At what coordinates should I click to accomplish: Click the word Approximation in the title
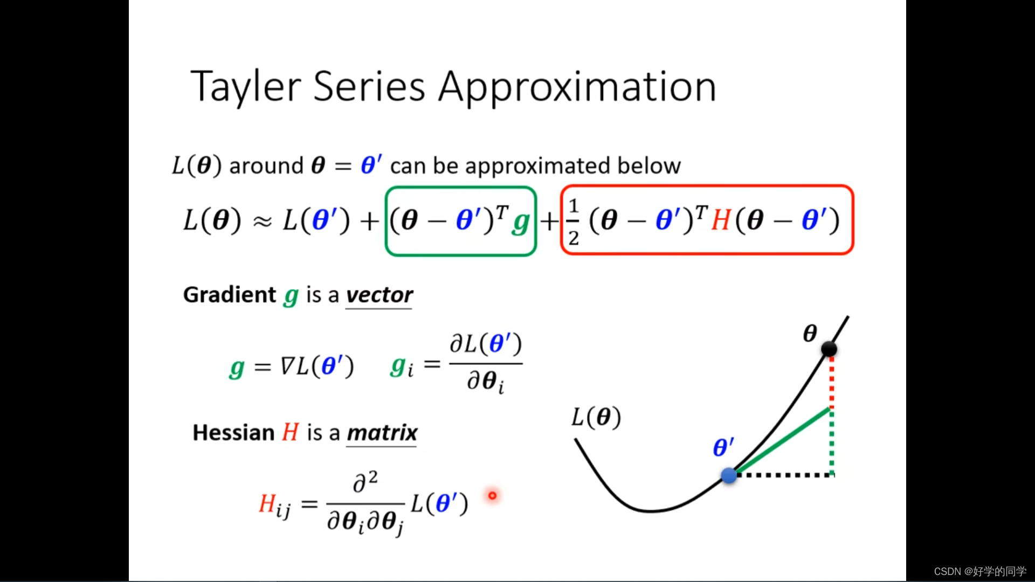click(x=577, y=87)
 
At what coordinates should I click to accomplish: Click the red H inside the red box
click(x=720, y=220)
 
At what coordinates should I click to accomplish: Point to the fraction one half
click(x=573, y=221)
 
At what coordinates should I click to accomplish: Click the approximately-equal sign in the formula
click(x=263, y=221)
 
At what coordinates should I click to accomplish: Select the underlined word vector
click(x=379, y=295)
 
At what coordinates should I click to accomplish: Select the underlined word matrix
click(x=382, y=433)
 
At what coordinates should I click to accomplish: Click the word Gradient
click(x=230, y=295)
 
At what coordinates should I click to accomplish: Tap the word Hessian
click(x=233, y=433)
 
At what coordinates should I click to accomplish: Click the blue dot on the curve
click(x=729, y=475)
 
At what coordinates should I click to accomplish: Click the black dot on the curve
click(x=829, y=349)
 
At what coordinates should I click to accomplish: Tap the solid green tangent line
click(x=782, y=442)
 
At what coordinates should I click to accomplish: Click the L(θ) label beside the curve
click(x=596, y=417)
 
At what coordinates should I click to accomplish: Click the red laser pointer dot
click(x=492, y=495)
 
